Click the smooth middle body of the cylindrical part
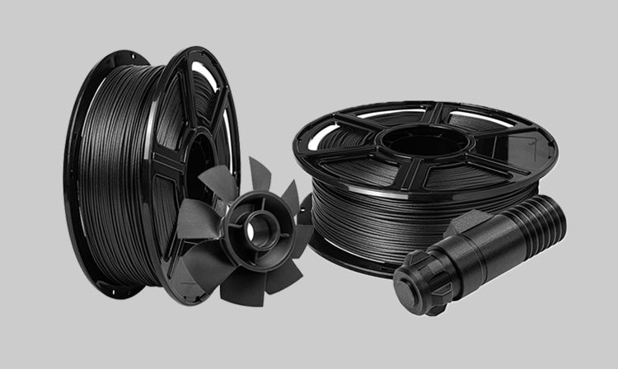point(486,247)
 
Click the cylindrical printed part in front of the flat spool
point(478,251)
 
